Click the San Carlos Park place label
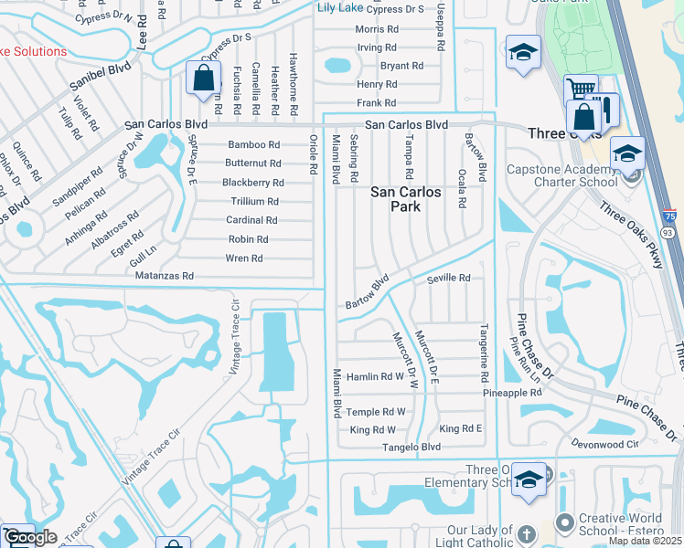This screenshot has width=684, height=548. [405, 199]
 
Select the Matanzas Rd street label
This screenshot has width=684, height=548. [165, 275]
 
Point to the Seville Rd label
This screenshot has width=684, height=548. [448, 278]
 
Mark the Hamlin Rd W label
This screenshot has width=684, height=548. [375, 376]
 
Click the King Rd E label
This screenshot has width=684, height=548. [460, 428]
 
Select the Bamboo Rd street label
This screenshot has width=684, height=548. [253, 144]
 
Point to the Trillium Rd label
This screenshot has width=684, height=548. [254, 201]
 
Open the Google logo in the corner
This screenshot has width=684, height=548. [30, 538]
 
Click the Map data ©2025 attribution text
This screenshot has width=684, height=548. [645, 541]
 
